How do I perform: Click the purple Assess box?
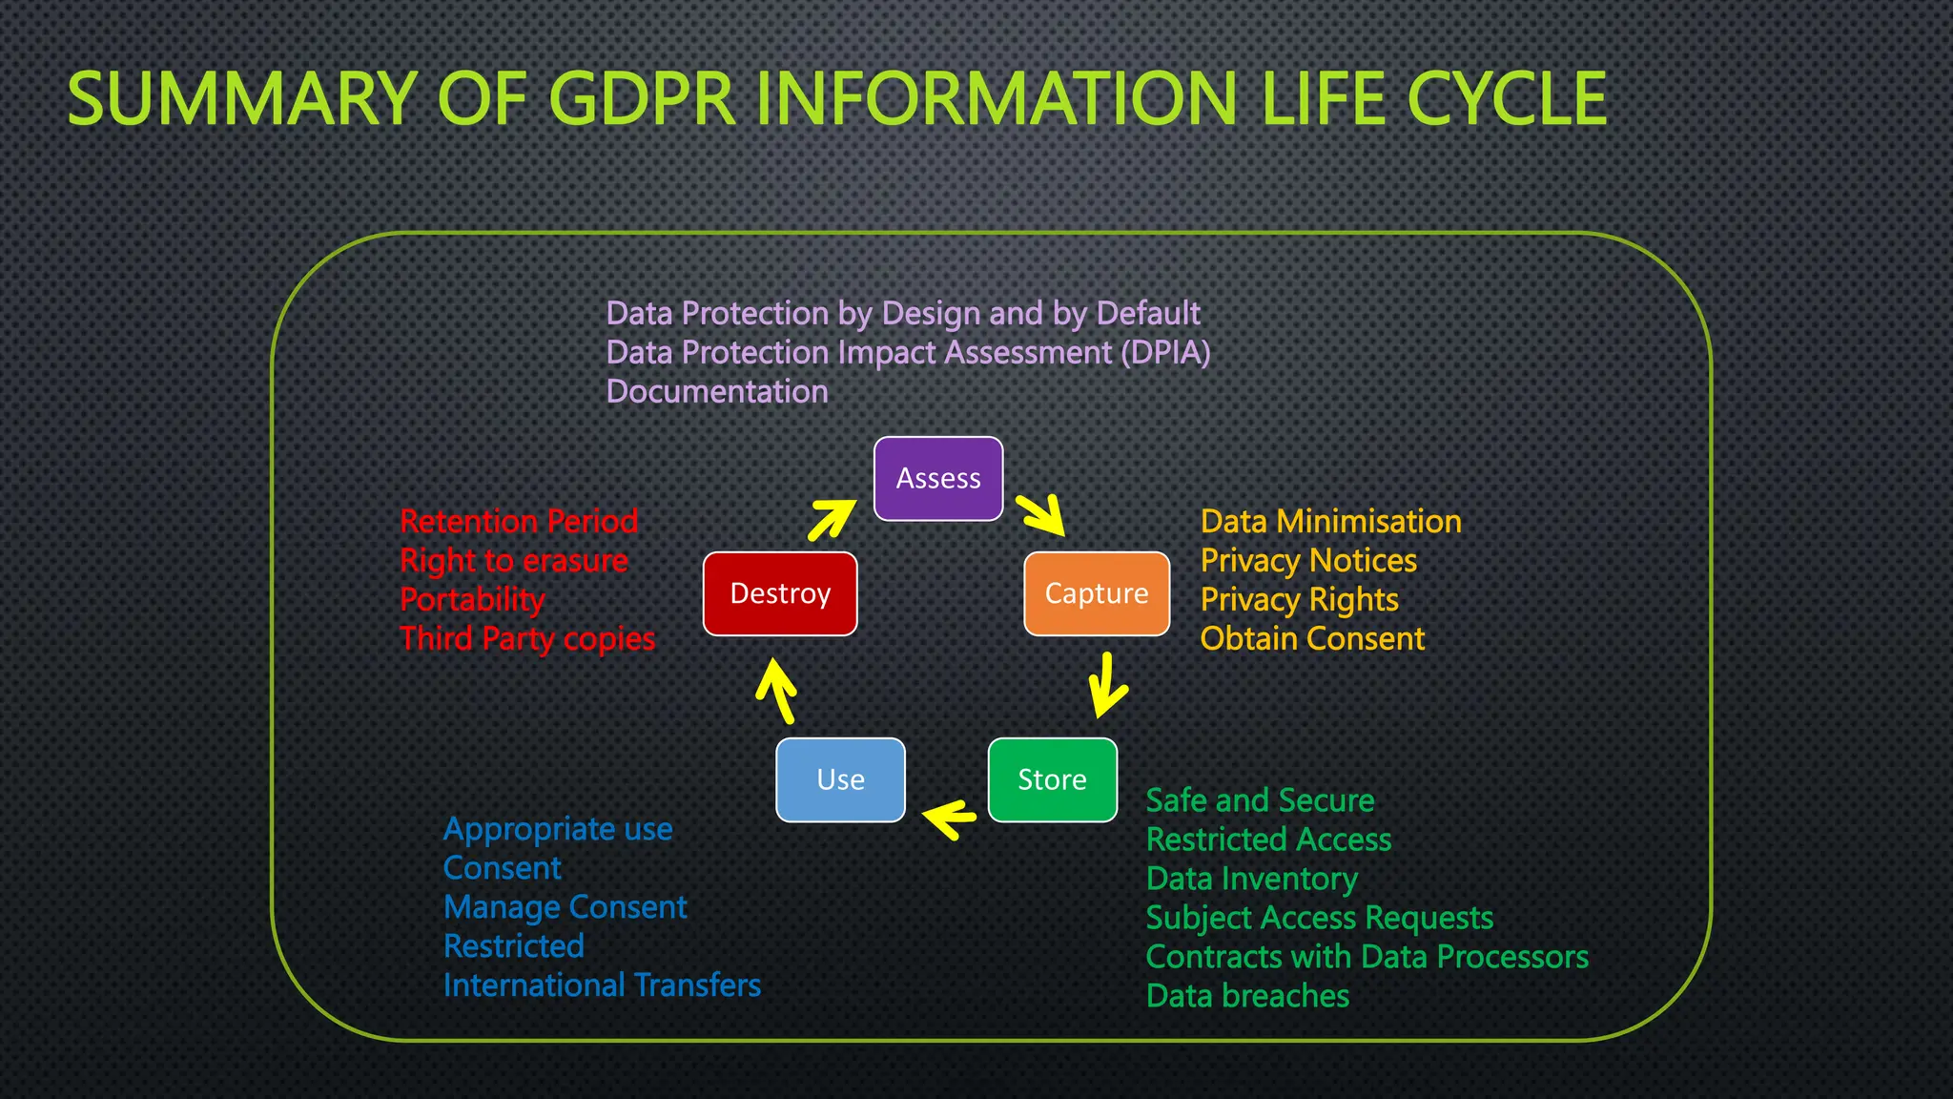click(938, 479)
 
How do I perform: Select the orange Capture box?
click(1097, 593)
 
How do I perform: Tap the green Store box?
click(1052, 779)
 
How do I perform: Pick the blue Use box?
click(840, 779)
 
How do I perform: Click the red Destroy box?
click(780, 593)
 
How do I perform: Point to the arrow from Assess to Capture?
click(1040, 514)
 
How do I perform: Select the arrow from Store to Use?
click(950, 819)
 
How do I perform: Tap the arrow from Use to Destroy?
click(777, 692)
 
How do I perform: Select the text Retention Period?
click(519, 522)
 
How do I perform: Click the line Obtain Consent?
click(1312, 639)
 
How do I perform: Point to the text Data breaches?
click(1247, 996)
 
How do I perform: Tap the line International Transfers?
click(602, 985)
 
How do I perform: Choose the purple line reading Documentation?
click(717, 392)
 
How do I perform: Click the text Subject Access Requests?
click(1319, 918)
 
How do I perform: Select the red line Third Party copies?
click(527, 639)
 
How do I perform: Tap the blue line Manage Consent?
click(565, 907)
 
